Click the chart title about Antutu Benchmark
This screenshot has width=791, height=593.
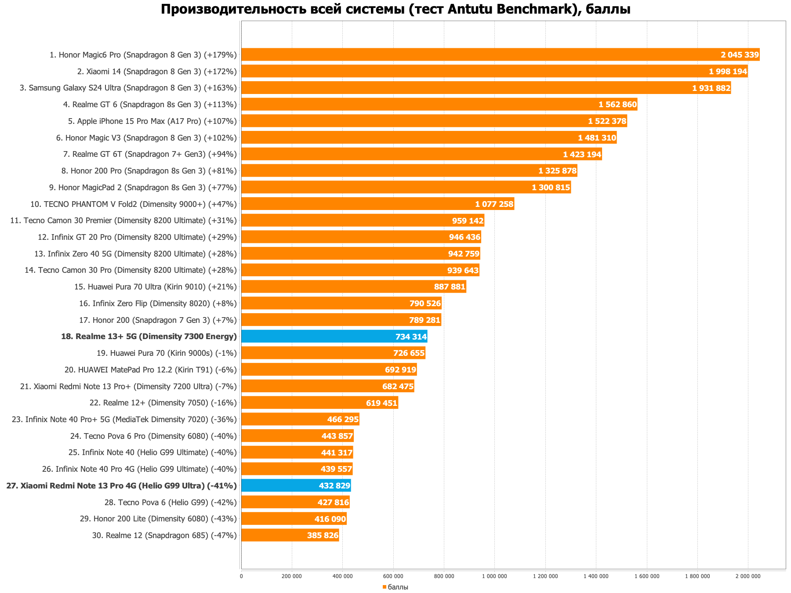(395, 9)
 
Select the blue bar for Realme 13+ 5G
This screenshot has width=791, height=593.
(334, 336)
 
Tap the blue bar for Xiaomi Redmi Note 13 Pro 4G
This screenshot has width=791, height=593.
(296, 485)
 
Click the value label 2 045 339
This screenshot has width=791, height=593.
(740, 55)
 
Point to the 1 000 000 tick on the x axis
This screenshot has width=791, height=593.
(494, 576)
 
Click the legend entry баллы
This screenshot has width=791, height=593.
(398, 587)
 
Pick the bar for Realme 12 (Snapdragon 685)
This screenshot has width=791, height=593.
(290, 535)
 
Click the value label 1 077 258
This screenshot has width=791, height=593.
(494, 204)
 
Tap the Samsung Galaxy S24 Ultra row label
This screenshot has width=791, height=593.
(128, 88)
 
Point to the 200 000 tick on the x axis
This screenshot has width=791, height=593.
(292, 576)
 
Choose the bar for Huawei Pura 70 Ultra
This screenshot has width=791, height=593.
(354, 287)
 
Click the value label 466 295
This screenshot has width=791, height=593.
(343, 419)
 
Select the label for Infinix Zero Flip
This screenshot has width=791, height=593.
(158, 304)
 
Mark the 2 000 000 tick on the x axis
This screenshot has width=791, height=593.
(748, 576)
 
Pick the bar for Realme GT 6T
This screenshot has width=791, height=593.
(421, 154)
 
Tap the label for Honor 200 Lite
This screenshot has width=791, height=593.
(158, 519)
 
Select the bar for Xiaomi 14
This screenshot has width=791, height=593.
(494, 71)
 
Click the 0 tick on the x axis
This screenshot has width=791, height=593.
(241, 576)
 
